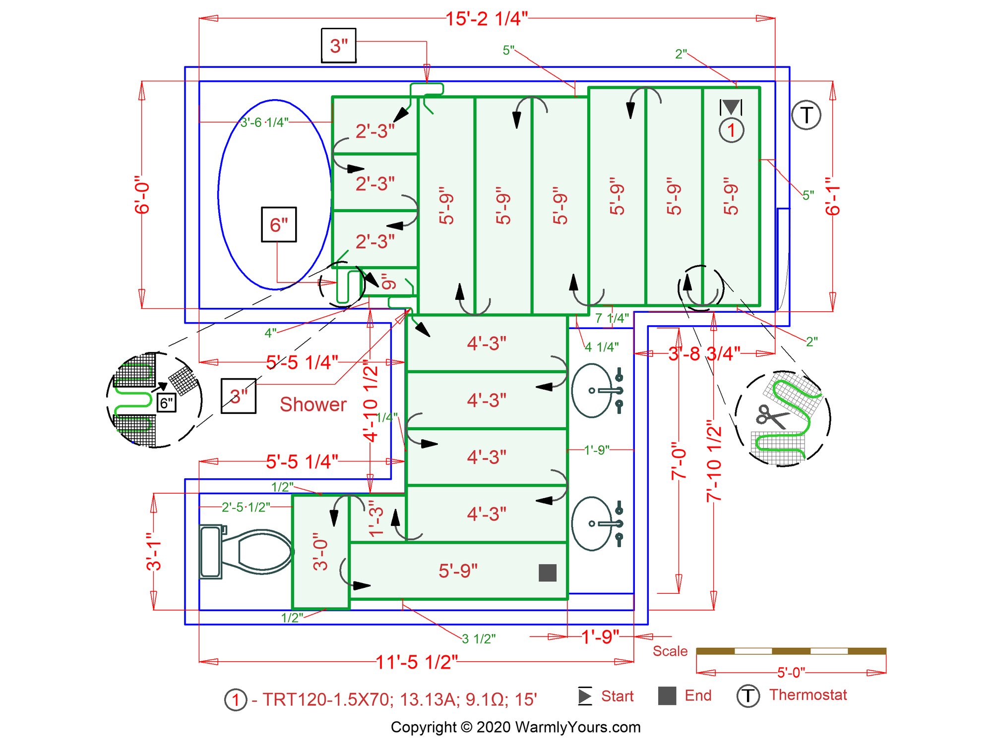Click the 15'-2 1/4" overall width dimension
[x=486, y=19]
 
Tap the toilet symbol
[x=246, y=551]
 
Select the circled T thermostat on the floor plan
[x=806, y=115]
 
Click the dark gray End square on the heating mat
[x=547, y=572]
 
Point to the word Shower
[x=313, y=404]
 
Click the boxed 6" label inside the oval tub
[x=279, y=225]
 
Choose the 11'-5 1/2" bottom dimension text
[x=416, y=662]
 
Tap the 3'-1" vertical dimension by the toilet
[x=154, y=551]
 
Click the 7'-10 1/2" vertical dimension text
[x=714, y=461]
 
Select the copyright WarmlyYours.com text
[x=515, y=727]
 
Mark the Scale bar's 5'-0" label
[x=791, y=673]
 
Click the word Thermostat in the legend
[x=808, y=695]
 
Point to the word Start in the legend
[x=617, y=696]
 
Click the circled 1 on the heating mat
[x=731, y=130]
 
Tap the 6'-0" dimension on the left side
[x=142, y=197]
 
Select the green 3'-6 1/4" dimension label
[x=264, y=122]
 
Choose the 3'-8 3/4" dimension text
[x=704, y=353]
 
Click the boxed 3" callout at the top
[x=339, y=46]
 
